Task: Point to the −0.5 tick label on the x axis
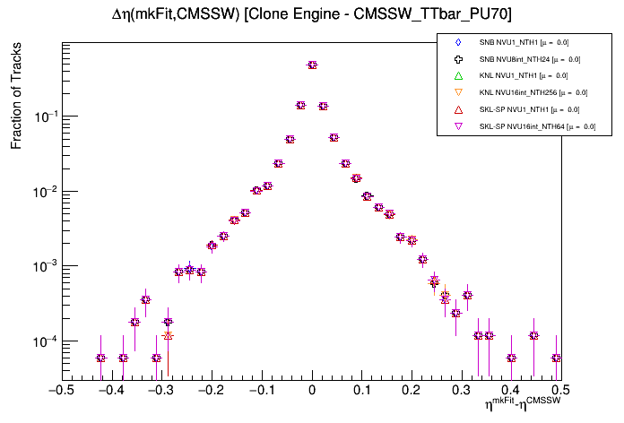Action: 59,391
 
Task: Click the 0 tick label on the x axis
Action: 312,391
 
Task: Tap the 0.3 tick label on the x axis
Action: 463,391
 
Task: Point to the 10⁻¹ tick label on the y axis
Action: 45,117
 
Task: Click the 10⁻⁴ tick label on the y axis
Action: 45,341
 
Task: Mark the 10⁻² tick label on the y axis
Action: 45,192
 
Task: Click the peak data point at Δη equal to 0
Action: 312,65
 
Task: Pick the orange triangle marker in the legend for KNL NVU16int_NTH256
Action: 458,92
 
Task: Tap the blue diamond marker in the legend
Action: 458,42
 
